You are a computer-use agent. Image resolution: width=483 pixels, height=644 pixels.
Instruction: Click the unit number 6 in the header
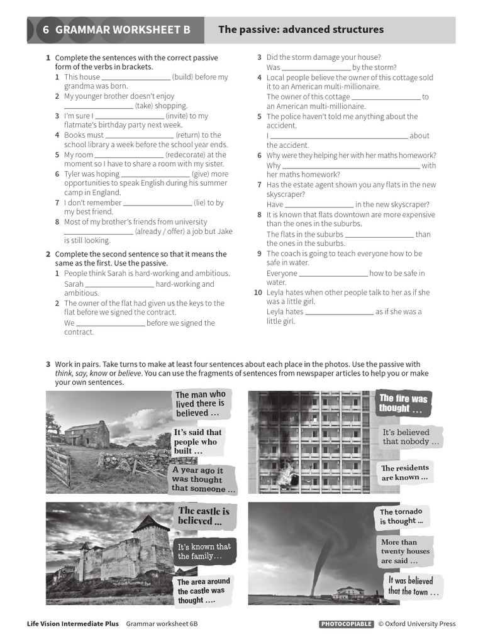pyautogui.click(x=45, y=30)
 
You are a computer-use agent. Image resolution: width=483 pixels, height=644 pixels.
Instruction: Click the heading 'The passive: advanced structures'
pyautogui.click(x=301, y=30)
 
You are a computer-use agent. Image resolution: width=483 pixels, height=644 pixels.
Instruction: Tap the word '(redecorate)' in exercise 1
pyautogui.click(x=187, y=155)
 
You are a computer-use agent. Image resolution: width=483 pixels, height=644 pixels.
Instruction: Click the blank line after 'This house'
pyautogui.click(x=136, y=77)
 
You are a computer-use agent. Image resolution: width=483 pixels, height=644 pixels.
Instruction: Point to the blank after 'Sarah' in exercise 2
pyautogui.click(x=119, y=284)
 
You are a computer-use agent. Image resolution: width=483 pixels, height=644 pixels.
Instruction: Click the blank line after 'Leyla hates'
pyautogui.click(x=340, y=312)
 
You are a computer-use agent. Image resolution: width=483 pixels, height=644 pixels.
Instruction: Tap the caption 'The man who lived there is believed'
pyautogui.click(x=200, y=404)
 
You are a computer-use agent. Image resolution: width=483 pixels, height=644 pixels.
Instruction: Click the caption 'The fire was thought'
pyautogui.click(x=402, y=403)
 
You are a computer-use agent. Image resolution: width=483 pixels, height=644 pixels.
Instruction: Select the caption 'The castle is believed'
pyautogui.click(x=203, y=516)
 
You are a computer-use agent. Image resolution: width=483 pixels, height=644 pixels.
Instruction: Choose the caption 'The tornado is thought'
pyautogui.click(x=401, y=516)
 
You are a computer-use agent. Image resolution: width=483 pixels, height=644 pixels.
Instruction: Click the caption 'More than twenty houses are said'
pyautogui.click(x=405, y=551)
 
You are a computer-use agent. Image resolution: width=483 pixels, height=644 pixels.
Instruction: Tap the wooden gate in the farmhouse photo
pyautogui.click(x=58, y=465)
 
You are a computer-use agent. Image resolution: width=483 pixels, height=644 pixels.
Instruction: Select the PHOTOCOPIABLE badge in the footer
pyautogui.click(x=346, y=624)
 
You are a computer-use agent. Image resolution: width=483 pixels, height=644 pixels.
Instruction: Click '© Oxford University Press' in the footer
pyautogui.click(x=416, y=624)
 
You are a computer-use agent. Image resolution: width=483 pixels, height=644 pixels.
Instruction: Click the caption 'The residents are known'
pyautogui.click(x=405, y=472)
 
